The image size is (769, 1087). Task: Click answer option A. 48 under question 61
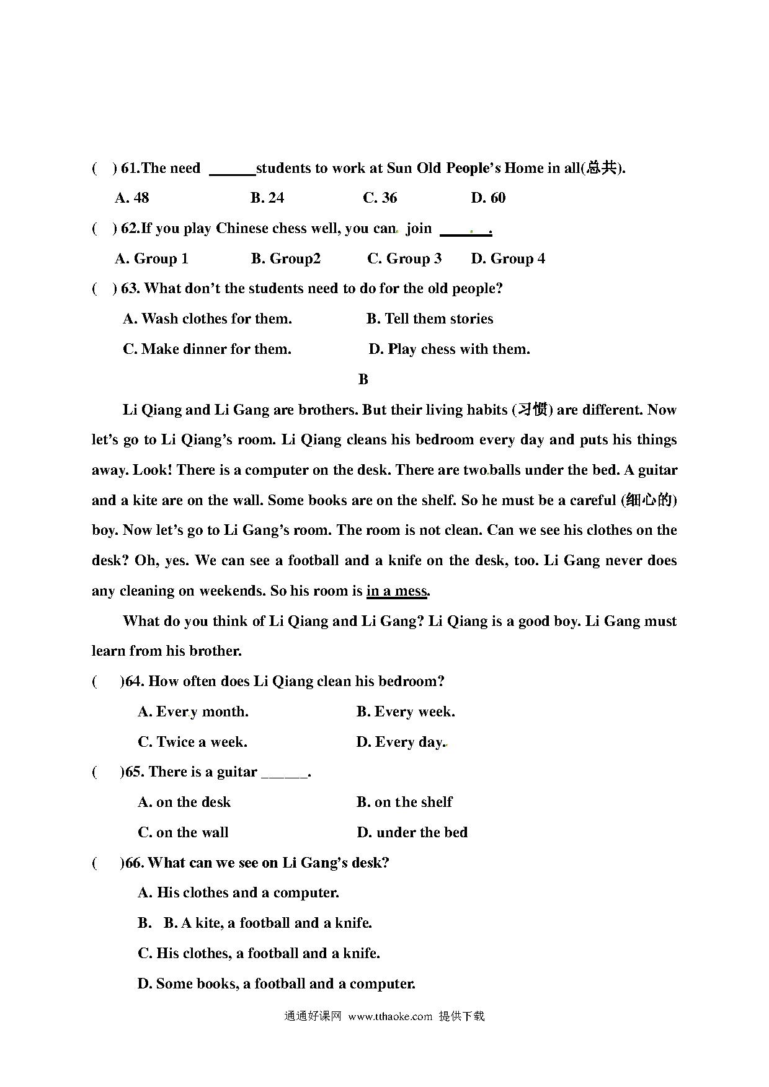(132, 198)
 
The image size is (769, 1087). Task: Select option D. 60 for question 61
(488, 198)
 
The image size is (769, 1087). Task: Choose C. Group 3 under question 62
(404, 258)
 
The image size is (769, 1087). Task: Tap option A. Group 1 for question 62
(152, 258)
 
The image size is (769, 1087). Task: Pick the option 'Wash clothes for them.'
(208, 319)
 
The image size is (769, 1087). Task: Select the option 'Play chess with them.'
(450, 350)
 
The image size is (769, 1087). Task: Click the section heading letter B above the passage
(363, 379)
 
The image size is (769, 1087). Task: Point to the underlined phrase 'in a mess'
(397, 591)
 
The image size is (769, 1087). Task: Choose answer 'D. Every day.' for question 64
(401, 742)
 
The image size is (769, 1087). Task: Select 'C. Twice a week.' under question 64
(192, 742)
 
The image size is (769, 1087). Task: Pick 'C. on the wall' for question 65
(183, 833)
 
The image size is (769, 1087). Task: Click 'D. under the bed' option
(412, 833)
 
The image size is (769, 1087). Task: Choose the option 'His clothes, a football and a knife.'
(259, 954)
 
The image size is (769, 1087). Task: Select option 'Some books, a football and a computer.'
(277, 984)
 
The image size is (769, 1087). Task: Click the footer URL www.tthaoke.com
(390, 1017)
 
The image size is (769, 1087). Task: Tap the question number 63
(129, 289)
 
